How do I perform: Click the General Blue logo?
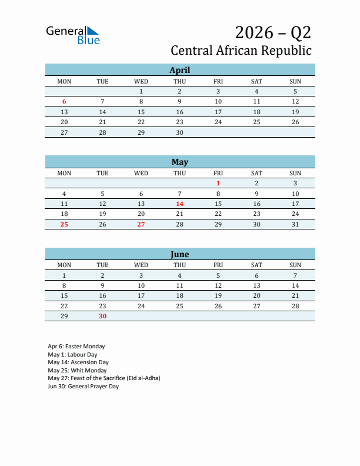(x=72, y=35)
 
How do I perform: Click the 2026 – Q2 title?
(x=273, y=32)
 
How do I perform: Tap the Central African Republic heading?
(x=241, y=51)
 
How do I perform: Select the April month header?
(x=179, y=70)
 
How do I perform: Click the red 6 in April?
(x=64, y=102)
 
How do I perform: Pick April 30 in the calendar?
(x=179, y=132)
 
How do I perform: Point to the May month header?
(x=179, y=162)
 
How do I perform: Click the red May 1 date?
(x=218, y=183)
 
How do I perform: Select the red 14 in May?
(x=179, y=204)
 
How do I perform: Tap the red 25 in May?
(x=64, y=224)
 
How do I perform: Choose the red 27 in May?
(x=141, y=224)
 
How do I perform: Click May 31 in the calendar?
(x=295, y=224)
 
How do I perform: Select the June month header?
(x=179, y=254)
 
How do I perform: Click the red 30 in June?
(x=102, y=316)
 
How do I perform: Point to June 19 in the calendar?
(x=218, y=295)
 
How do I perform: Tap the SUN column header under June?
(x=295, y=265)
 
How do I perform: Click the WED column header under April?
(x=141, y=81)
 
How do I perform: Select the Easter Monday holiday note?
(x=76, y=347)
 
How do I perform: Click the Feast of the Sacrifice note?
(x=104, y=378)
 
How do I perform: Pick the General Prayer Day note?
(x=84, y=387)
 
